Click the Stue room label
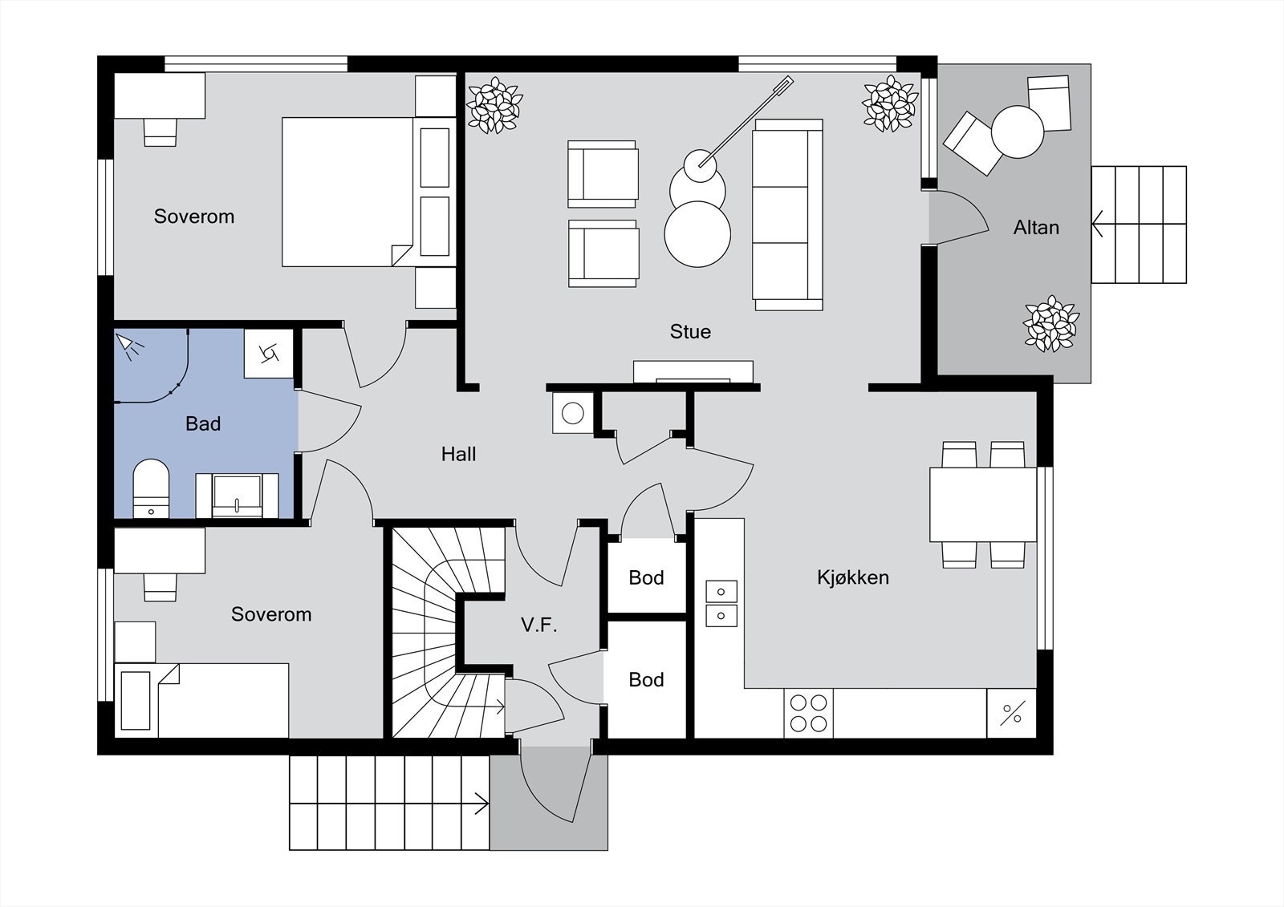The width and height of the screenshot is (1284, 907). click(690, 332)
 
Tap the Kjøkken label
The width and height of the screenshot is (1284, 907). click(853, 577)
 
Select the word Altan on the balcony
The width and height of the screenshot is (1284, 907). click(1036, 228)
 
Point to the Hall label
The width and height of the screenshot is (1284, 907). click(458, 455)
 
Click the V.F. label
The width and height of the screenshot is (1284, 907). click(538, 625)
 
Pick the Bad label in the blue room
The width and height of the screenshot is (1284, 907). click(203, 424)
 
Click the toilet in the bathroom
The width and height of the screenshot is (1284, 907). click(152, 488)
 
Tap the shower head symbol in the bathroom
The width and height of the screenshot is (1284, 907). click(129, 347)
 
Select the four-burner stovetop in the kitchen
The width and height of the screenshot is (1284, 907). click(808, 713)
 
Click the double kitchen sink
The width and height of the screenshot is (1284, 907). click(721, 604)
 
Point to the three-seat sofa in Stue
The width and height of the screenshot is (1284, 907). click(788, 215)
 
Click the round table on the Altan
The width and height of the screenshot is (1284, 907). click(1018, 132)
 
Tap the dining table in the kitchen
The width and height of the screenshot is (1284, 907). click(983, 504)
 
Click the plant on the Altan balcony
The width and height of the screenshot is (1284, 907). click(1050, 324)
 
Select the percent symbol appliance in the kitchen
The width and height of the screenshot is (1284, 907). click(1012, 714)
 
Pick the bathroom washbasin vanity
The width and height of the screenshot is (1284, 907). click(238, 496)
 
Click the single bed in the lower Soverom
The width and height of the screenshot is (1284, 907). click(201, 701)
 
